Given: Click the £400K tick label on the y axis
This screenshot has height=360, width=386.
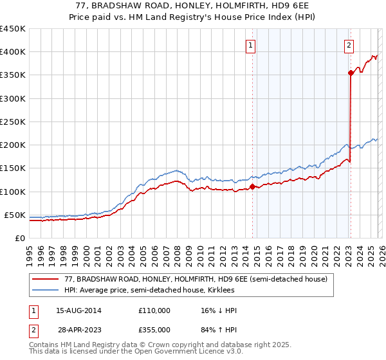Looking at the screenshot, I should point(12,52).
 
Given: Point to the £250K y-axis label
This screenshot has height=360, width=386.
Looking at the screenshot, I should point(12,122).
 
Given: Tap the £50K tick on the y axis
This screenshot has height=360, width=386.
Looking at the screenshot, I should point(15,215).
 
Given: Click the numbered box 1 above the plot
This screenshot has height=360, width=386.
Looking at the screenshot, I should point(250,45).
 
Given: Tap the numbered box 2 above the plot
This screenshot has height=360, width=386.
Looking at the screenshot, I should point(348,45).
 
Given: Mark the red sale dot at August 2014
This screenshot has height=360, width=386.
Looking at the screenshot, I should point(252,187).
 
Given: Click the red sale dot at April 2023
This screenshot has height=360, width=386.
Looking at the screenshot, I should point(351,73).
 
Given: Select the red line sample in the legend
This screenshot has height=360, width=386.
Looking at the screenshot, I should point(45,279).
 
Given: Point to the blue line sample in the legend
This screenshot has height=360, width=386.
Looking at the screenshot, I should point(45,290).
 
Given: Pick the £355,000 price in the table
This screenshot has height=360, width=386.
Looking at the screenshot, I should point(154,329).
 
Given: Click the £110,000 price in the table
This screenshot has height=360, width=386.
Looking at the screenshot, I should point(154,310).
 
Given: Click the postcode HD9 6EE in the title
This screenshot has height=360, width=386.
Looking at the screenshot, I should point(289,5).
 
